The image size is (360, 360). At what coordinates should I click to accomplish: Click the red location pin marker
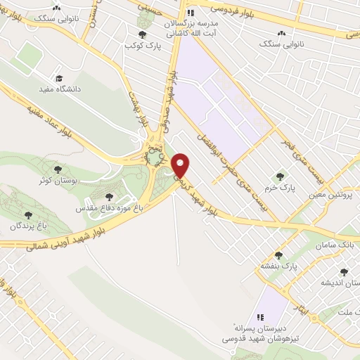[x=181, y=165]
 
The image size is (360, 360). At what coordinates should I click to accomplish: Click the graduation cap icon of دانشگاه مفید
[x=59, y=78]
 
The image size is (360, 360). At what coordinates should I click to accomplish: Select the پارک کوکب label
[x=139, y=46]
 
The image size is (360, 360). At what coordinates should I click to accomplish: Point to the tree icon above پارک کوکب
[x=142, y=34]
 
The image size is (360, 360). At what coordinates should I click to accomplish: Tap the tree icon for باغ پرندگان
[x=28, y=214]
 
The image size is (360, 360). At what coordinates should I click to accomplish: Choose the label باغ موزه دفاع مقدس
[x=108, y=209]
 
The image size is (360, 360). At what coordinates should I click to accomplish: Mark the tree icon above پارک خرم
[x=280, y=176]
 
